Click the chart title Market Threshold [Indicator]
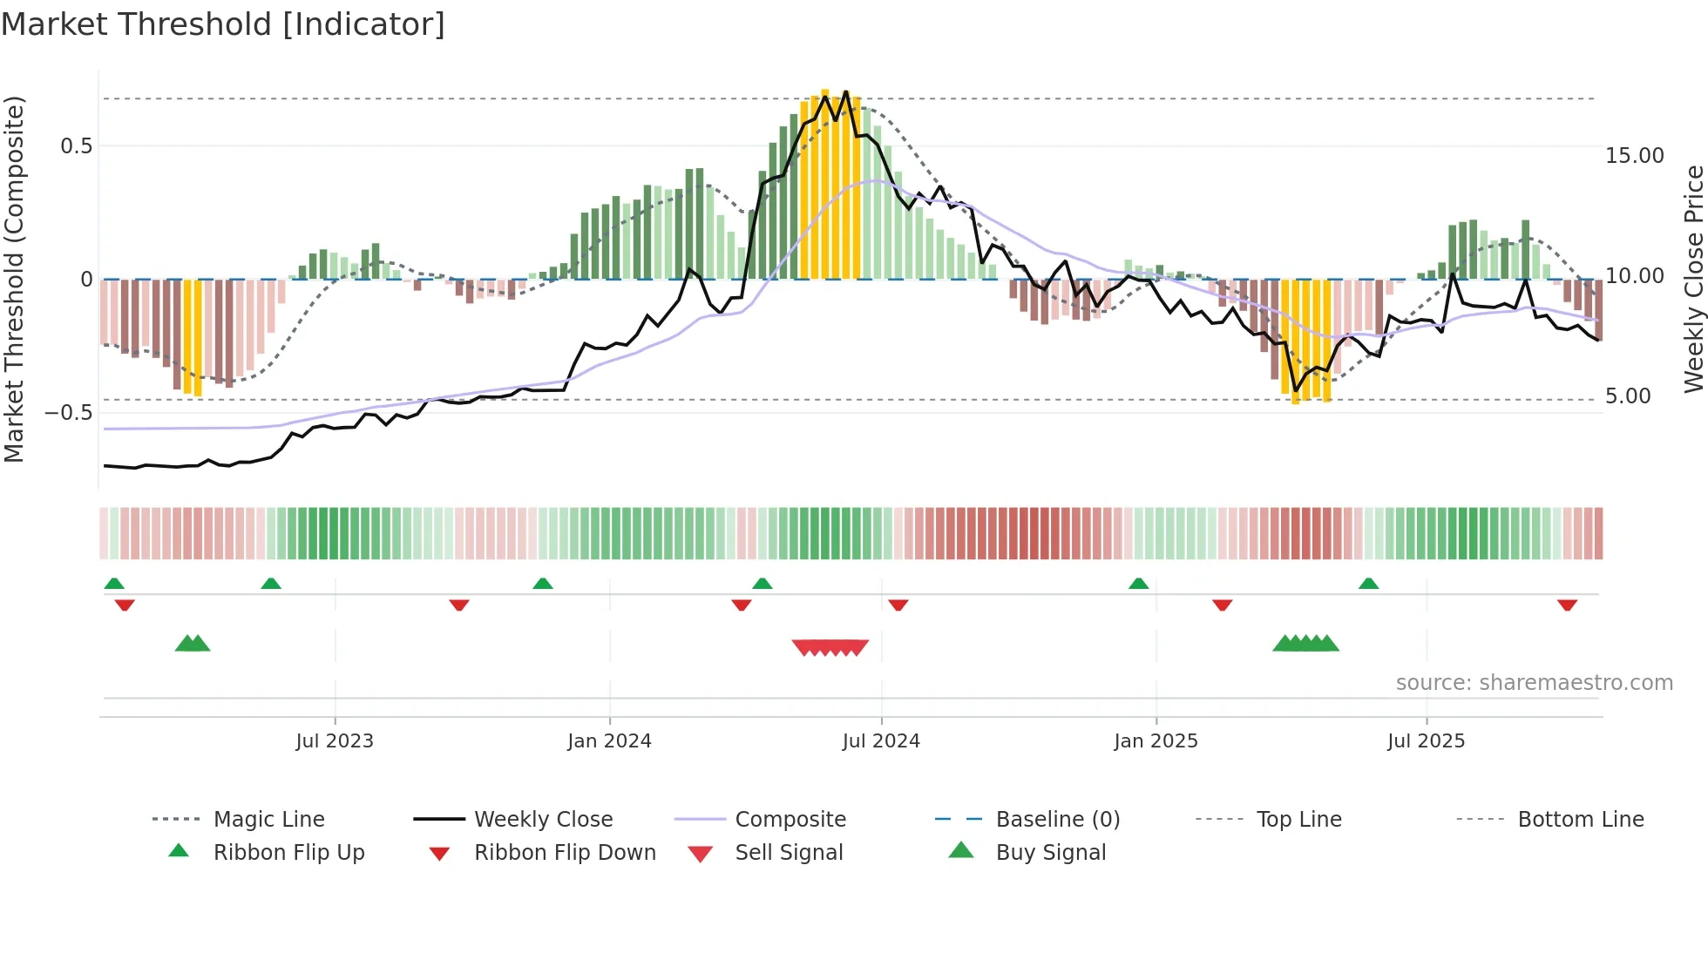pos(223,24)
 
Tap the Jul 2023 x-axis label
pos(334,741)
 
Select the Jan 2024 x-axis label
pos(609,741)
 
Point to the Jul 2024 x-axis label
pos(881,741)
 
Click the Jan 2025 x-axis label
pos(1156,741)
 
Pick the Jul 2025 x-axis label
pos(1426,741)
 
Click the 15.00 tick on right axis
pos(1634,156)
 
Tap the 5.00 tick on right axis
pos(1628,396)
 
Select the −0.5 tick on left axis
pos(69,412)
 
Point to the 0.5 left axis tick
pos(77,146)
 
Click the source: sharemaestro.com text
pos(1534,683)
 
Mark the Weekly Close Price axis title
pos(1693,279)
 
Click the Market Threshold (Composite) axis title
pos(14,279)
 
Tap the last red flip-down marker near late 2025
pos(1567,605)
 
